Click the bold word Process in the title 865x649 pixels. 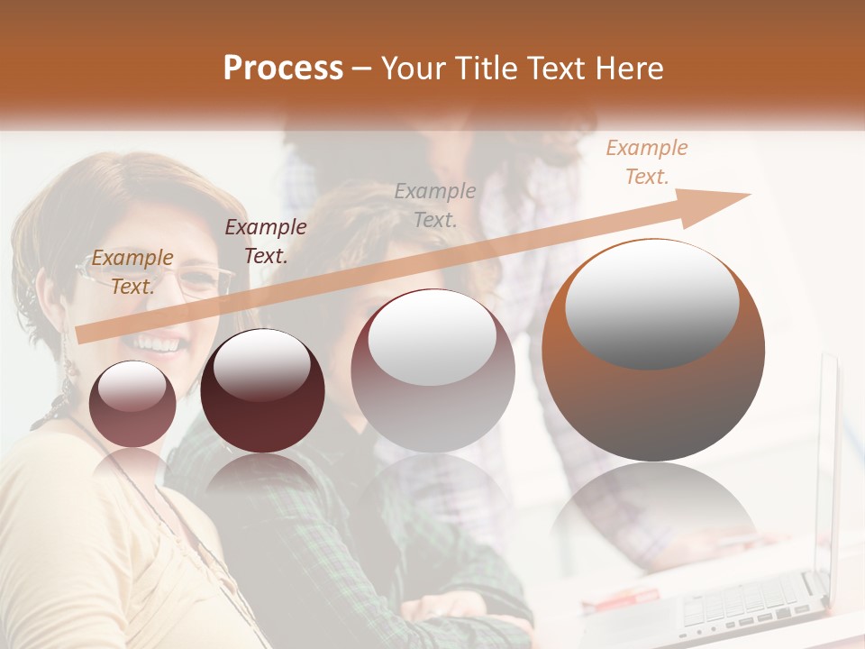283,69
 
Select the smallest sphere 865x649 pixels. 133,404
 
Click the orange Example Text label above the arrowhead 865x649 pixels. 646,162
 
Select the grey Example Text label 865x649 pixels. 435,205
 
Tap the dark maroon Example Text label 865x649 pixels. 265,241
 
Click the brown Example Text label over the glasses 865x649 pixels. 132,272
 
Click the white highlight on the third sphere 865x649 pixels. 432,338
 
